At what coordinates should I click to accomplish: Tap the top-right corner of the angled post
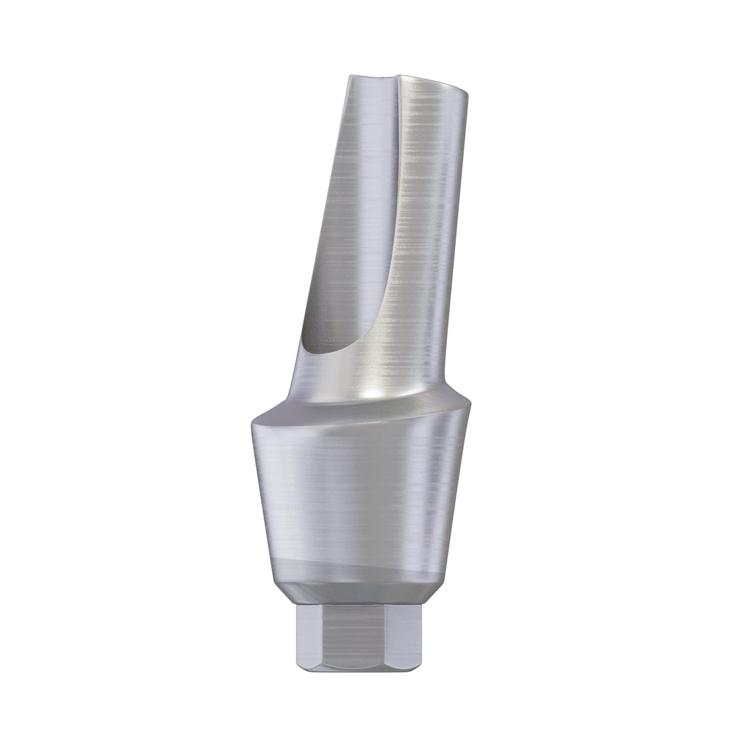tap(469, 93)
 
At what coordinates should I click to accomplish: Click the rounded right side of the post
tap(453, 232)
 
